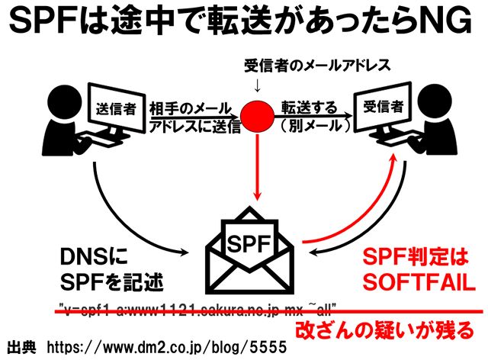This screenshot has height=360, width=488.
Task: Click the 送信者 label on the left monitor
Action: pyautogui.click(x=116, y=108)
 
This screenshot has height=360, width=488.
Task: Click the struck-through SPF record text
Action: pyautogui.click(x=198, y=310)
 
